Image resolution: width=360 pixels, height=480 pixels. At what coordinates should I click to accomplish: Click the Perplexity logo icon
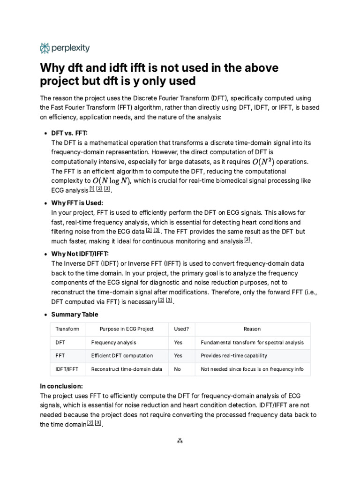click(45, 48)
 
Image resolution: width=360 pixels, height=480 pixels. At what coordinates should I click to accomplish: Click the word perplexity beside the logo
click(71, 48)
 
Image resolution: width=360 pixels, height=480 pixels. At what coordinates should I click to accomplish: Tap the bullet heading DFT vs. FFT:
click(69, 133)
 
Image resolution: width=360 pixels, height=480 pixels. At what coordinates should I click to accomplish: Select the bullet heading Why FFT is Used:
click(77, 203)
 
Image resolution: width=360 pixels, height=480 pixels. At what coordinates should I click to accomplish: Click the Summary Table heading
click(75, 314)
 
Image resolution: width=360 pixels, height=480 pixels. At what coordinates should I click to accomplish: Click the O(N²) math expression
click(263, 161)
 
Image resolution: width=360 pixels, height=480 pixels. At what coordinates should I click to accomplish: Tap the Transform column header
click(67, 329)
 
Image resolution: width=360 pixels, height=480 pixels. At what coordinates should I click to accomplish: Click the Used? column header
click(181, 329)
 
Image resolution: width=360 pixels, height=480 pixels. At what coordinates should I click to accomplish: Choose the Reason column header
click(252, 329)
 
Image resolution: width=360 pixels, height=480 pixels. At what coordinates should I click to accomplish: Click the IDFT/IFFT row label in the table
click(67, 369)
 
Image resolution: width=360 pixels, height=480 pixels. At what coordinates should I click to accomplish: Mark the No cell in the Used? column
click(177, 369)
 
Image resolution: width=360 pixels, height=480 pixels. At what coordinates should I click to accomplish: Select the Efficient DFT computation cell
click(122, 356)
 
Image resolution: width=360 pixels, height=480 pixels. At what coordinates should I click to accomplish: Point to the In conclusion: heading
click(61, 386)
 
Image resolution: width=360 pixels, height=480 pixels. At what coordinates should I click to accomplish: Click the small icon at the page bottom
click(180, 441)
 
